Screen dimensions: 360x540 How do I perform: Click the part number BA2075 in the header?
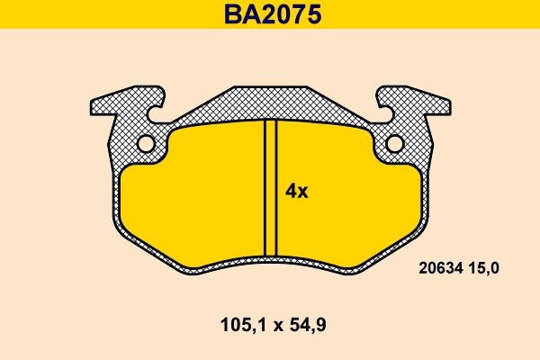(x=270, y=15)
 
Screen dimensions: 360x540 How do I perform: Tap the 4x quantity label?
(x=297, y=191)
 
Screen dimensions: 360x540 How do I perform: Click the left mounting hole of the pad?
(x=145, y=144)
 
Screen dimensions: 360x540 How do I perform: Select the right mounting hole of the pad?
(x=395, y=144)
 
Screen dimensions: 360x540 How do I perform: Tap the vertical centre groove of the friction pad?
(x=270, y=189)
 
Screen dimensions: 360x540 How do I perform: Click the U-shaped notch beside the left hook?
(x=157, y=113)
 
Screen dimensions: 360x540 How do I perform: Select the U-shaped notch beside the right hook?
(x=383, y=113)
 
